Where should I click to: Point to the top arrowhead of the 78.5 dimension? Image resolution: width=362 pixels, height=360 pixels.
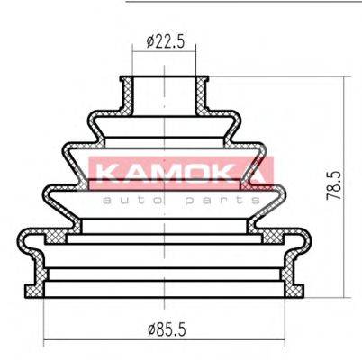(346, 79)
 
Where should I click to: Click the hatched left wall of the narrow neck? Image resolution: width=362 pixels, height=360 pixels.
(128, 94)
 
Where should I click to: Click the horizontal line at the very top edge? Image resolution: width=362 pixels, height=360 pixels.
(243, 2)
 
